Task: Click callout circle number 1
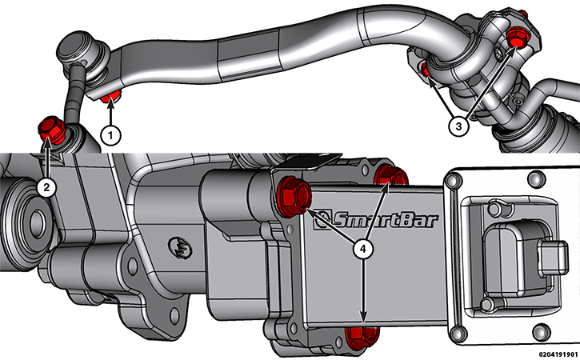[110, 136]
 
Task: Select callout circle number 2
[46, 187]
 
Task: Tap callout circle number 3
[458, 126]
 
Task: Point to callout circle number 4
[363, 249]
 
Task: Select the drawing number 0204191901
[558, 354]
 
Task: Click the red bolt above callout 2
[51, 130]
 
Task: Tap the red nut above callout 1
[110, 97]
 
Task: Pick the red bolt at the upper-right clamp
[517, 37]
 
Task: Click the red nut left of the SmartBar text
[294, 196]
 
